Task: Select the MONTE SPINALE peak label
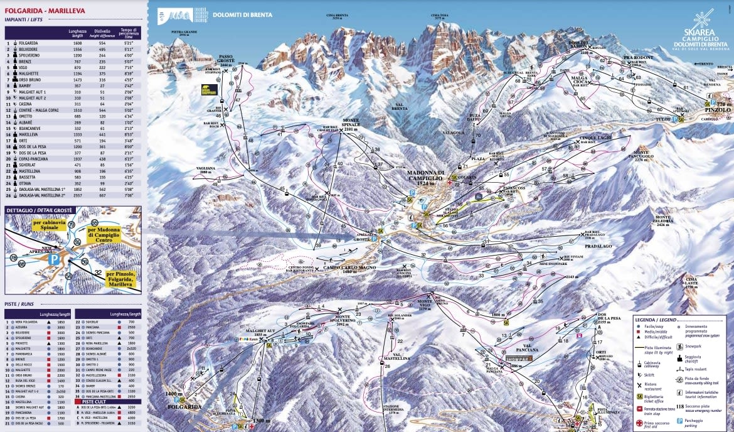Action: coord(351,124)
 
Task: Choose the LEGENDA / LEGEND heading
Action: coord(656,320)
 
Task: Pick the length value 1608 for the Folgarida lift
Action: coord(75,43)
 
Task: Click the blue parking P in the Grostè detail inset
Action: coord(54,257)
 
